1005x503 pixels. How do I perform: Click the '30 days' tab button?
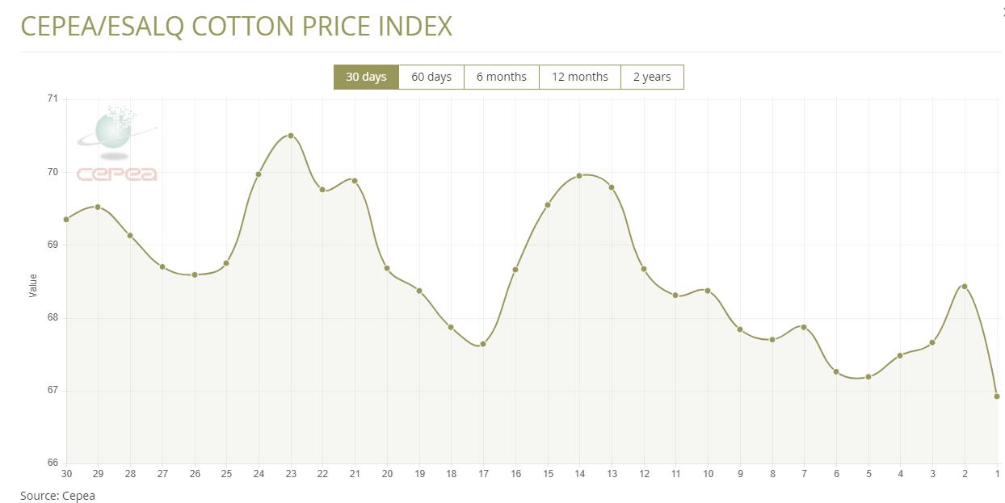point(366,77)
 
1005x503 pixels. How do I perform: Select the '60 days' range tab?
point(431,77)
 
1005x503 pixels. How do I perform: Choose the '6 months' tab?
point(501,77)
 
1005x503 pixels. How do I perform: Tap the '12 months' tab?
point(579,77)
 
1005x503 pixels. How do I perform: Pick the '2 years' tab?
point(652,77)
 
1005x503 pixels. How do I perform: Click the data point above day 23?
point(291,136)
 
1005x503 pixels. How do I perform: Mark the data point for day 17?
point(483,344)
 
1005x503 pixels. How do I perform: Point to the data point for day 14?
point(579,175)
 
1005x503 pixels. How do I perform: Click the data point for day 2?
point(965,287)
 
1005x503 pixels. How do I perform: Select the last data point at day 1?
point(997,396)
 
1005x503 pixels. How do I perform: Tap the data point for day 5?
point(868,377)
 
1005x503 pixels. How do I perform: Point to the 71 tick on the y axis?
point(53,99)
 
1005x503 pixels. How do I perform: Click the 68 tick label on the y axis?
point(53,317)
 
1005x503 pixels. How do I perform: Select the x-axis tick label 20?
point(387,473)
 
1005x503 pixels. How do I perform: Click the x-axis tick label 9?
point(740,473)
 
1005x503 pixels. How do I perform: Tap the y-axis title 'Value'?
point(33,286)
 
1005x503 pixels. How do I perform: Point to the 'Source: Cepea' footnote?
point(57,496)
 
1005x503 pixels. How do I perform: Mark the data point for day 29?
point(98,207)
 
